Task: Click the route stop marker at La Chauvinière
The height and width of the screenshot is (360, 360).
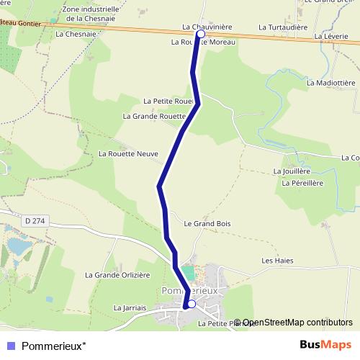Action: pyautogui.click(x=200, y=34)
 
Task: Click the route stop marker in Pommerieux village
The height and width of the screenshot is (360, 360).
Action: pyautogui.click(x=191, y=305)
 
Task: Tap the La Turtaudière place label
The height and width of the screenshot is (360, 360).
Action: pyautogui.click(x=283, y=27)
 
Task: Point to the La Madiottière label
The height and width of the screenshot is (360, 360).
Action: pyautogui.click(x=330, y=83)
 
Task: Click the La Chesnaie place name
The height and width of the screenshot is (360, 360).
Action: pyautogui.click(x=76, y=34)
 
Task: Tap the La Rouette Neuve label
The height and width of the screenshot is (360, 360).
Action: pyautogui.click(x=127, y=153)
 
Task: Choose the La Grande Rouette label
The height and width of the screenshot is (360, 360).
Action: pyautogui.click(x=155, y=116)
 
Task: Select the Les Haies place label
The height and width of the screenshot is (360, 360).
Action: pyautogui.click(x=277, y=261)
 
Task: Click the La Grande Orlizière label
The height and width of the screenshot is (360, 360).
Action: pyautogui.click(x=117, y=274)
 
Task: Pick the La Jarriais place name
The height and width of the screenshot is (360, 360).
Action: pyautogui.click(x=130, y=307)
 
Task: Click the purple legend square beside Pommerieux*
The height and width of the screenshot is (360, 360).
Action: pyautogui.click(x=11, y=345)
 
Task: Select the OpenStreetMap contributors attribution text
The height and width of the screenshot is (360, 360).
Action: pyautogui.click(x=297, y=323)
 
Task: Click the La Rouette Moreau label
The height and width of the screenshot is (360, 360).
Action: pyautogui.click(x=203, y=42)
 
